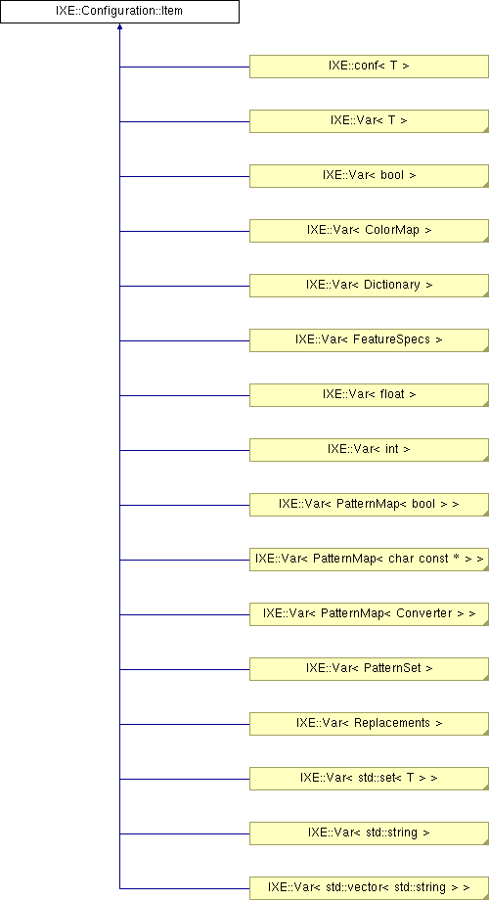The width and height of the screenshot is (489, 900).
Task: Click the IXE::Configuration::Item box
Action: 119,12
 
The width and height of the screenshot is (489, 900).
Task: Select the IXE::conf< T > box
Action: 369,67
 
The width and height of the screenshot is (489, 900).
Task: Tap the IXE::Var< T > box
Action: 369,121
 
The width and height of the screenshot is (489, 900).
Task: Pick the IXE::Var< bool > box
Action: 369,176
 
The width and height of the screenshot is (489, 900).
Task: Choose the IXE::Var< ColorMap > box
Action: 369,231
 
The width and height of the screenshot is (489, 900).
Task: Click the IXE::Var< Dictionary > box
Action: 369,286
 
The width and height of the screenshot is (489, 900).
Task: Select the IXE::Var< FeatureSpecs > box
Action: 369,340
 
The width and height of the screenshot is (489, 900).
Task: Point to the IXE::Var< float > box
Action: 369,395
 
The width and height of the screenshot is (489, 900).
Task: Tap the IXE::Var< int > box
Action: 369,450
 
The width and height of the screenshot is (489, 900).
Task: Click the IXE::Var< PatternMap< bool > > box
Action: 369,505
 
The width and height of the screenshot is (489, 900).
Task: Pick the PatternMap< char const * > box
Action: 369,560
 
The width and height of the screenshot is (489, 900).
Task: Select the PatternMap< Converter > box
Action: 369,614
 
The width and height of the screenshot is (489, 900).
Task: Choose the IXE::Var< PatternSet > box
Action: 369,669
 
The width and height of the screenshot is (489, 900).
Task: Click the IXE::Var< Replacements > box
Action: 369,724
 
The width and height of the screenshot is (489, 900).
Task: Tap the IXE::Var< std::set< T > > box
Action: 369,779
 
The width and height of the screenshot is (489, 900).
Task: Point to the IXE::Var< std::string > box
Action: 369,832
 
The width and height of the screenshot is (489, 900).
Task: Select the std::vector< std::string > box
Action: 369,888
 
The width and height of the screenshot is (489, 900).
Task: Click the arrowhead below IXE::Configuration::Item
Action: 119,27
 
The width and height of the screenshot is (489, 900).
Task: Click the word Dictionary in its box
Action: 392,287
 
